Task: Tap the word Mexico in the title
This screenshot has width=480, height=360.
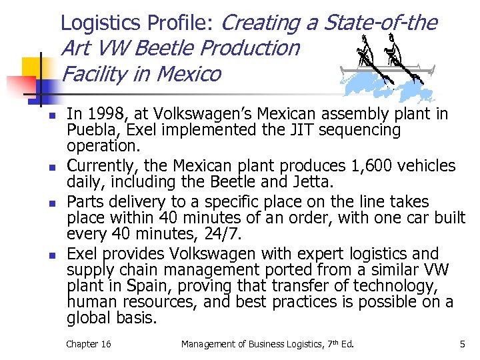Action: point(187,73)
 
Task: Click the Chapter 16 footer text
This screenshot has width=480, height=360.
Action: point(89,344)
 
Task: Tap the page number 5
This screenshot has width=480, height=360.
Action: point(462,344)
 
